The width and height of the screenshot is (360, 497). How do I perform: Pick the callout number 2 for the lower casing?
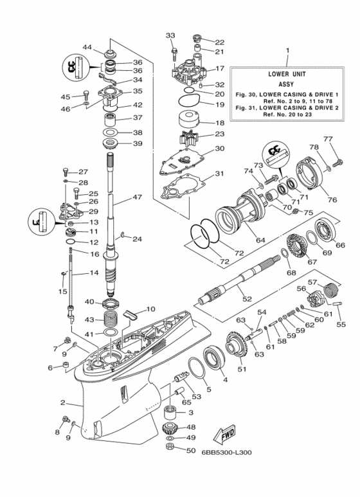(x=62, y=403)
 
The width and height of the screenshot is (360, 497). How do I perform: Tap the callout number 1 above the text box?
(x=287, y=50)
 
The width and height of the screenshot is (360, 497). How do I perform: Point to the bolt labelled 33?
(x=174, y=49)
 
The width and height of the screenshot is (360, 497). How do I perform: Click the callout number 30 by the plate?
(x=219, y=149)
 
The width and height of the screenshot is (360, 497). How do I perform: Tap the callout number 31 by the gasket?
(x=219, y=174)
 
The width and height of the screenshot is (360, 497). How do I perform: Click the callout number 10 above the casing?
(x=151, y=309)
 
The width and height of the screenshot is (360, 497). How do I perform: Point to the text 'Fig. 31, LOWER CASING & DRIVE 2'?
(x=287, y=107)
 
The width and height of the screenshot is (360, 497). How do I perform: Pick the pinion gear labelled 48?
(x=172, y=429)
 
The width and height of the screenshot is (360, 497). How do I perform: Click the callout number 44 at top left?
(x=87, y=48)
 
